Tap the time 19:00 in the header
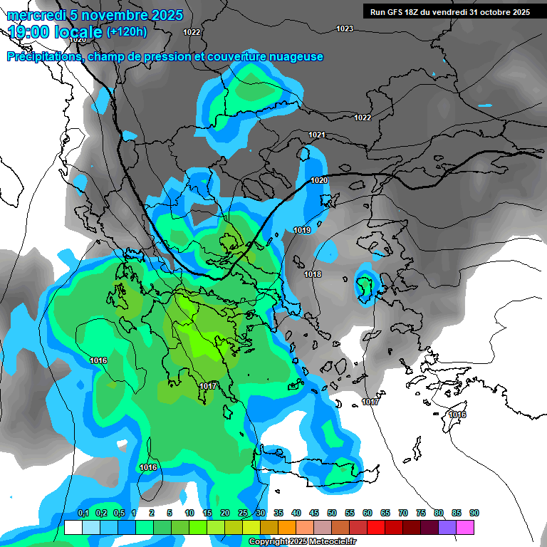pyautogui.click(x=29, y=32)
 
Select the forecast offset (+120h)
pyautogui.click(x=126, y=32)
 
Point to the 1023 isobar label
pyautogui.click(x=345, y=28)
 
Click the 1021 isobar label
pyautogui.click(x=317, y=135)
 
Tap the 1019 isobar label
pyautogui.click(x=302, y=230)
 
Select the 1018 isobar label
pyautogui.click(x=312, y=274)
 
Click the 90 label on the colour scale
pyautogui.click(x=474, y=513)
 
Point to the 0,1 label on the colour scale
pyautogui.click(x=83, y=513)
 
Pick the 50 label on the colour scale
pyautogui.click(x=332, y=513)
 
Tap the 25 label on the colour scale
pyautogui.click(x=243, y=513)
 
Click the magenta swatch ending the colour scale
pyautogui.click(x=465, y=528)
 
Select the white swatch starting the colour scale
pyautogui.click(x=73, y=528)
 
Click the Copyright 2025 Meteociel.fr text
pyautogui.click(x=302, y=541)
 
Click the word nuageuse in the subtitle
pyautogui.click(x=296, y=56)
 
